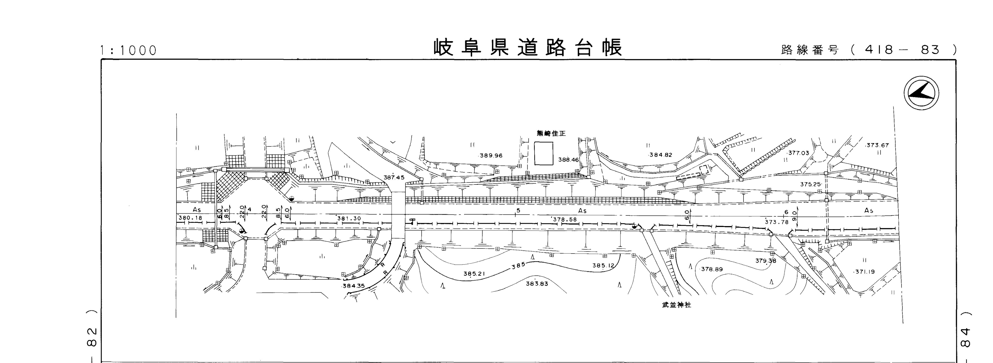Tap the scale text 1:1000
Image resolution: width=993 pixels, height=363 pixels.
(128, 51)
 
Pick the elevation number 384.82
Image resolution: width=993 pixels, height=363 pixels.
(660, 155)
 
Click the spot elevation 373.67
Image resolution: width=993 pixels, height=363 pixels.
(877, 145)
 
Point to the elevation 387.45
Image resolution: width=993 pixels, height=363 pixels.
(394, 178)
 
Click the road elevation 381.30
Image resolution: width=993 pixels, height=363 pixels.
(349, 218)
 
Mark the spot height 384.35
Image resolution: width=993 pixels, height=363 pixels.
(353, 286)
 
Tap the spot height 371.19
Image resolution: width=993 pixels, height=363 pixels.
(865, 272)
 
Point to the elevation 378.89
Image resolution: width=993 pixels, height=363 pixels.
(712, 269)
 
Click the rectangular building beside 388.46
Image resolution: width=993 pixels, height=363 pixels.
(544, 153)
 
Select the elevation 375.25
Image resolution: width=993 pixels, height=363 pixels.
(810, 185)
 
